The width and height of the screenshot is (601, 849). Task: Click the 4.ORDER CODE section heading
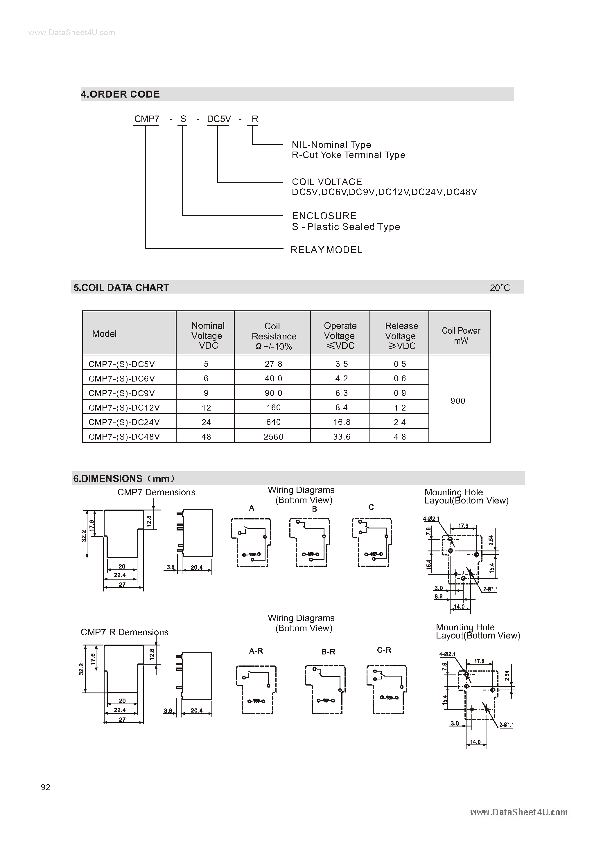coord(120,94)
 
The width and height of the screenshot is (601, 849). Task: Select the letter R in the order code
coord(255,119)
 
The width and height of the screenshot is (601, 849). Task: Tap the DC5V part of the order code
coord(219,119)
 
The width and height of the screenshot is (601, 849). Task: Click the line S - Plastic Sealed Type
coord(346,227)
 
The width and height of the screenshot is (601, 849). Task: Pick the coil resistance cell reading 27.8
coord(273,364)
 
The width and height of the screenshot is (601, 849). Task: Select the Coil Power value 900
coord(458,401)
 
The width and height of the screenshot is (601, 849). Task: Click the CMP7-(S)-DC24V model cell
coord(124,422)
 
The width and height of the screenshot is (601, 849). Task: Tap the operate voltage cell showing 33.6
coord(341,437)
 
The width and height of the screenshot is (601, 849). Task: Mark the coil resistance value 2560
coord(273,437)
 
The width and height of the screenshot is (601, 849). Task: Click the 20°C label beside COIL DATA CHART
coord(500,288)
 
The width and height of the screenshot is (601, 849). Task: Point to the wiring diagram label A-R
coord(256,651)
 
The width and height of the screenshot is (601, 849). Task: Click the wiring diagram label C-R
coord(384,650)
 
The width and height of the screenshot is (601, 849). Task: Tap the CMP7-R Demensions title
coord(124,632)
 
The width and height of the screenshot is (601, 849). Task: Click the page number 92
coord(46,787)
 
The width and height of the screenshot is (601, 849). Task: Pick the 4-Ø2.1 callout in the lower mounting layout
coord(447,654)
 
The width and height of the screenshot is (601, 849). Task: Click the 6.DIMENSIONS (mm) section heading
coord(124,479)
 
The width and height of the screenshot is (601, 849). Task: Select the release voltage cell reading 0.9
coord(400,393)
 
